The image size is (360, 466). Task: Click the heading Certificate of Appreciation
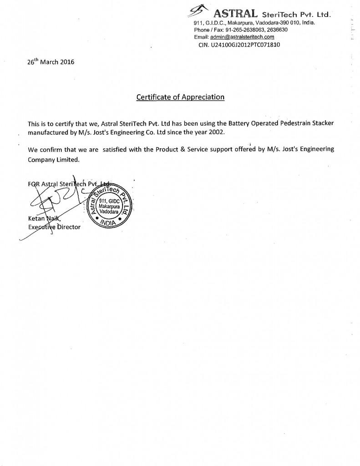click(x=181, y=97)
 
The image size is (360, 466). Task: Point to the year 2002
click(x=217, y=132)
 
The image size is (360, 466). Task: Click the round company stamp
click(x=110, y=204)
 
